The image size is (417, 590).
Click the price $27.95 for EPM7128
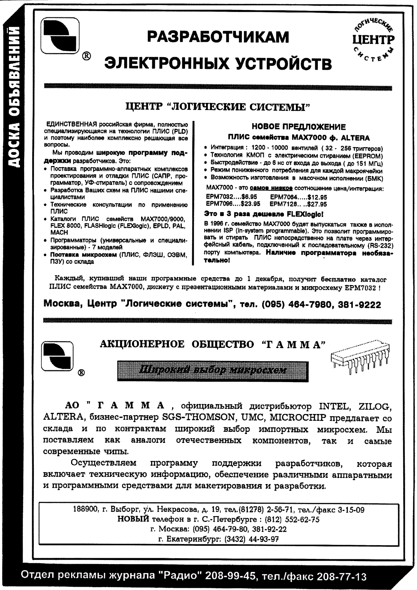coord(317,204)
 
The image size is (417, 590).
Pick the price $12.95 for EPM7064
coord(317,197)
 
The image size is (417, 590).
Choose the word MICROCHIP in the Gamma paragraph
coord(298,418)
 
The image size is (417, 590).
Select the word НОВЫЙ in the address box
coord(133,519)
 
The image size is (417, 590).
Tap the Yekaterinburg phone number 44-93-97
coord(264,539)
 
